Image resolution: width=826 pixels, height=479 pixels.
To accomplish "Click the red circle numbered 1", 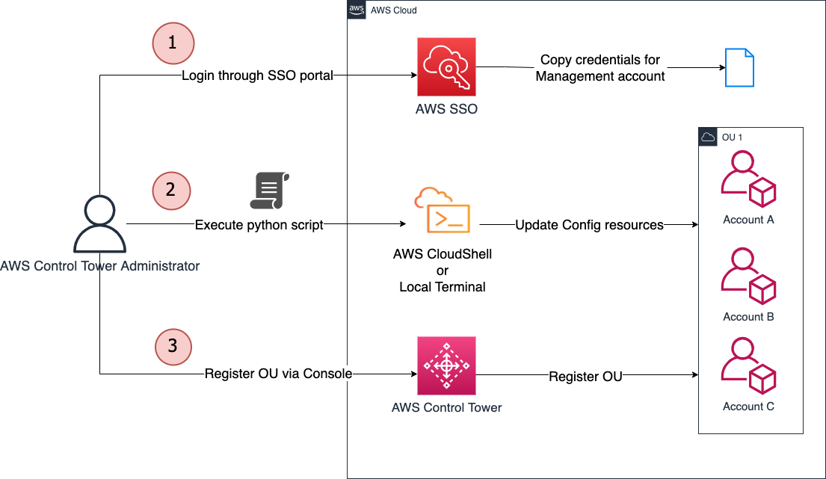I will [x=173, y=43].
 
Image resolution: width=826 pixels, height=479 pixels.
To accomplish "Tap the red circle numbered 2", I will [x=172, y=191].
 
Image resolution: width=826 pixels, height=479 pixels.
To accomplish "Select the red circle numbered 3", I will [x=173, y=346].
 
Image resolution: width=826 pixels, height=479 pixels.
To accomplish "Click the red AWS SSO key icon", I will [x=446, y=67].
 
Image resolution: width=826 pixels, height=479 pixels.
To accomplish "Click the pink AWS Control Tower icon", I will [x=446, y=366].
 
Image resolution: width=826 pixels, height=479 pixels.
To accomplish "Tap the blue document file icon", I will [x=740, y=67].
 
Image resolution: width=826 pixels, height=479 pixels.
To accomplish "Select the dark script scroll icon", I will [x=269, y=191].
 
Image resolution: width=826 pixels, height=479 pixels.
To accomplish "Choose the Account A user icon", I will [x=748, y=179].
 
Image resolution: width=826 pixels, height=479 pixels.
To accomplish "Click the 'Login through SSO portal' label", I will [x=257, y=75].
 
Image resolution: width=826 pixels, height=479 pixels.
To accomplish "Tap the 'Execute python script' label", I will [x=259, y=225].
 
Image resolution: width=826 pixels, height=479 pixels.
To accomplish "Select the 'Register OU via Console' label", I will [x=278, y=374].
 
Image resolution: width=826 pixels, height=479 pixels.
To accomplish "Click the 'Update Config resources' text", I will [x=589, y=225].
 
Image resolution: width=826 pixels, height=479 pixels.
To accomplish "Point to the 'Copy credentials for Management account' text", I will [x=600, y=68].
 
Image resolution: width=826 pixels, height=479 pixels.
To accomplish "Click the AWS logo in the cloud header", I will [x=357, y=10].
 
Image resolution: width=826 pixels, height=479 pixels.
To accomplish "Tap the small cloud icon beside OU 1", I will [x=708, y=137].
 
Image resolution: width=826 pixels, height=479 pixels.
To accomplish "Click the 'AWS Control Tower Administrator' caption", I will [x=100, y=266].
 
